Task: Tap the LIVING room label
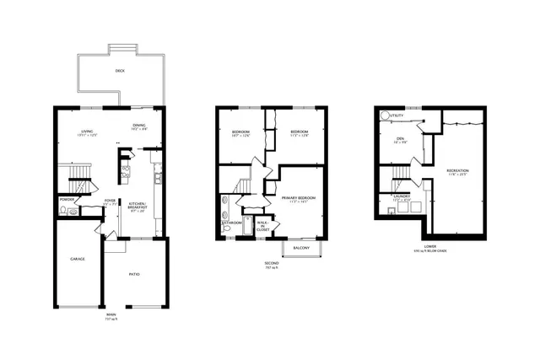pyautogui.click(x=87, y=132)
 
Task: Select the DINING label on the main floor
pyautogui.click(x=139, y=126)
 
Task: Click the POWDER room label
pyautogui.click(x=67, y=199)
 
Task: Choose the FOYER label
pyautogui.click(x=110, y=201)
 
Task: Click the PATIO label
pyautogui.click(x=134, y=273)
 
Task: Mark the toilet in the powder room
pyautogui.click(x=73, y=211)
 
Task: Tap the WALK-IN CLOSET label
pyautogui.click(x=263, y=224)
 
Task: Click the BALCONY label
pyautogui.click(x=301, y=248)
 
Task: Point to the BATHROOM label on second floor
pyautogui.click(x=232, y=223)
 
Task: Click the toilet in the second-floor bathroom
pyautogui.click(x=226, y=228)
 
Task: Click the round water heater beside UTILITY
pyautogui.click(x=386, y=116)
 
